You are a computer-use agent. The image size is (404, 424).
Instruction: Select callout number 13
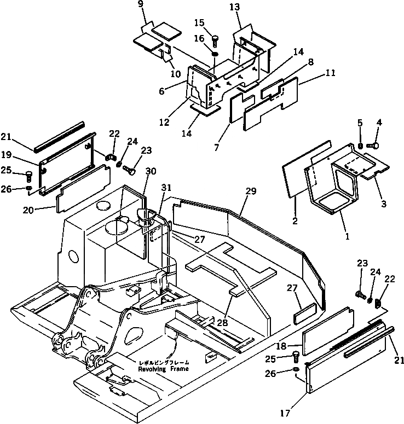click(x=235, y=7)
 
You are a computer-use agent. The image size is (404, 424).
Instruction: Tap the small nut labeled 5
click(x=361, y=145)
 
